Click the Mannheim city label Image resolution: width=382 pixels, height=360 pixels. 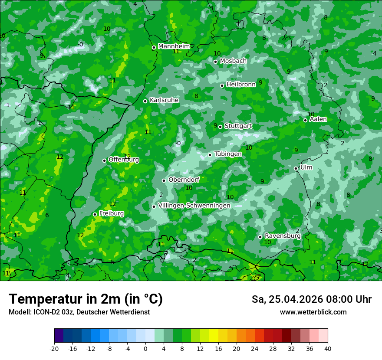[x=174, y=46]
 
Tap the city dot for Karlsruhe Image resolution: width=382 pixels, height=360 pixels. [x=145, y=101]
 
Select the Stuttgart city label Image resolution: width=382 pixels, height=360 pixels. [x=238, y=126]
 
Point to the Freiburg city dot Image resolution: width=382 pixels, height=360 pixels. [x=95, y=214]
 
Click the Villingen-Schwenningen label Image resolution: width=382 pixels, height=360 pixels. [x=194, y=206]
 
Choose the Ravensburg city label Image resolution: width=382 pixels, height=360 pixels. [x=283, y=236]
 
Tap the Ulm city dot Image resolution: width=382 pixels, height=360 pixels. [x=296, y=168]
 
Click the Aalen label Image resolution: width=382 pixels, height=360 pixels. [x=318, y=119]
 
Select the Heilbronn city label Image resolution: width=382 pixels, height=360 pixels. [x=241, y=85]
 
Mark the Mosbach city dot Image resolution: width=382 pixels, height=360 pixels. [x=215, y=62]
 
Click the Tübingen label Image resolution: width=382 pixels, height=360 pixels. [x=228, y=154]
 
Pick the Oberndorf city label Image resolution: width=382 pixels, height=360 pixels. [x=184, y=180]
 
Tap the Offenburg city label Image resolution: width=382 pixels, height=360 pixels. [x=124, y=160]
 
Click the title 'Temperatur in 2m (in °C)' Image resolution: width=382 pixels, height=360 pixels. [x=86, y=299]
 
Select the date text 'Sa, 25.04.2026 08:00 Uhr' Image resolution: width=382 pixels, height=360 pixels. [x=311, y=299]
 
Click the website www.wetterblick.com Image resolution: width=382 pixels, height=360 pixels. [x=313, y=312]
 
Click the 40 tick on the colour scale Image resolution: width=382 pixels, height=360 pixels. [x=327, y=348]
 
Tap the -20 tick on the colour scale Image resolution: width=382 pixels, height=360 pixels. [x=54, y=348]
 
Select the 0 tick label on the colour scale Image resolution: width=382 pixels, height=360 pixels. [x=145, y=348]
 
